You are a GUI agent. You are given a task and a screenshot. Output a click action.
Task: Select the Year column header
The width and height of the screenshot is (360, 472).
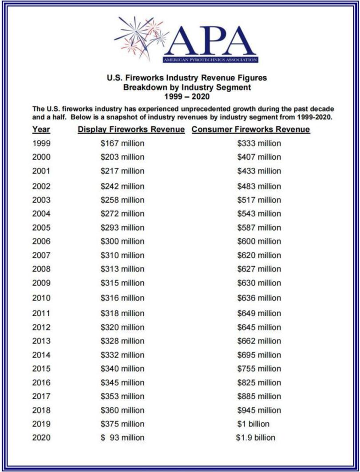(x=41, y=130)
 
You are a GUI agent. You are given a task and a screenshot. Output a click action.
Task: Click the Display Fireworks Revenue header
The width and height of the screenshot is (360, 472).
(x=131, y=130)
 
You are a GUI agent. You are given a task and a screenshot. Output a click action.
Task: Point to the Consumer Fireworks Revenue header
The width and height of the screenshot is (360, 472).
(x=251, y=130)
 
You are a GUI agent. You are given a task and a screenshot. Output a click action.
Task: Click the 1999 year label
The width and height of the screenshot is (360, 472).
(x=41, y=143)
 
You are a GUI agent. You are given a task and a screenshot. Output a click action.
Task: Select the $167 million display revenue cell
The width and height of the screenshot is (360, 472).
(x=123, y=143)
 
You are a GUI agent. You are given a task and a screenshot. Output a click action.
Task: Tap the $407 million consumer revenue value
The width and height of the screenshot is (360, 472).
(x=259, y=157)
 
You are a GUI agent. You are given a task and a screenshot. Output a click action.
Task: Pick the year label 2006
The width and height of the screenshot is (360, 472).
(x=41, y=241)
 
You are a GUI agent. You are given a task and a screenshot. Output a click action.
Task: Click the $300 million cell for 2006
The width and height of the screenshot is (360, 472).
(x=123, y=241)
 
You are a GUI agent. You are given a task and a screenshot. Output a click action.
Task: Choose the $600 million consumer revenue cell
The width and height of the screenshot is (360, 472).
(x=259, y=241)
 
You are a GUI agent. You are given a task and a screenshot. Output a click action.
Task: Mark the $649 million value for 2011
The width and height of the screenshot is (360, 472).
(x=259, y=314)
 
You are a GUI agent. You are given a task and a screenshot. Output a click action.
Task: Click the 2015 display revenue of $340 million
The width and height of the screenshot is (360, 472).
(x=123, y=369)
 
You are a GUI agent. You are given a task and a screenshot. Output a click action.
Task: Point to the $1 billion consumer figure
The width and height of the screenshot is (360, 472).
(x=253, y=424)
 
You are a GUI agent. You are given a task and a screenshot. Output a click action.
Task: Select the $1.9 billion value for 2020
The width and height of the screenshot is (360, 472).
(x=256, y=438)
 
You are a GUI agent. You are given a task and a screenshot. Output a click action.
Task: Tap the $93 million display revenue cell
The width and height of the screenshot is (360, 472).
(x=123, y=438)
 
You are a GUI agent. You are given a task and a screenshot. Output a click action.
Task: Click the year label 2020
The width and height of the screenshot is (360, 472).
(x=41, y=438)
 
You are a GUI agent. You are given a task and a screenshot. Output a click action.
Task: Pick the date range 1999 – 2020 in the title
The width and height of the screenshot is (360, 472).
(x=187, y=96)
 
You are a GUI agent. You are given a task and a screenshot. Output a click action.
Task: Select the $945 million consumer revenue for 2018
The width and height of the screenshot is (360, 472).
(x=259, y=410)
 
